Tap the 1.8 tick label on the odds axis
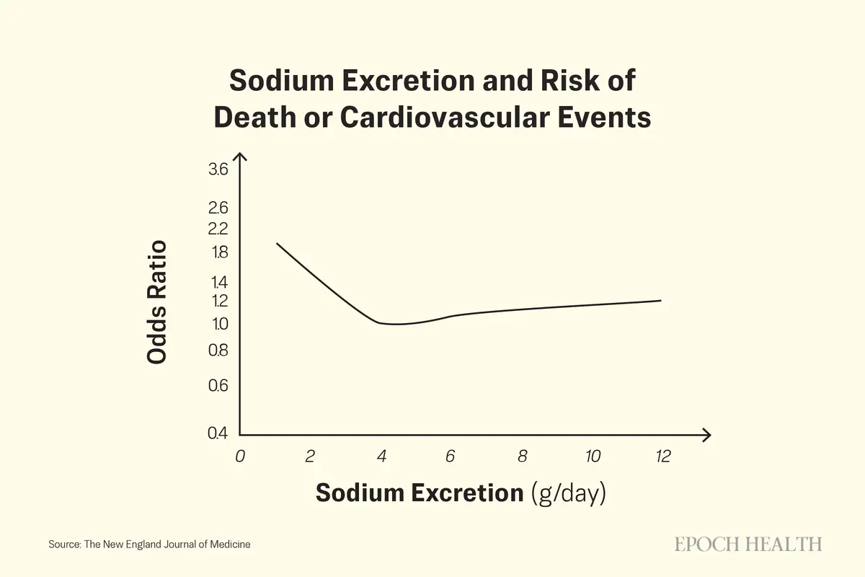click(x=220, y=252)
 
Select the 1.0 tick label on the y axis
click(x=219, y=324)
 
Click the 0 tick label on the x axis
click(x=240, y=456)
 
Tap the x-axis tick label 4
click(x=381, y=456)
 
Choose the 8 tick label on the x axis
click(x=522, y=456)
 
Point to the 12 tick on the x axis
click(x=662, y=456)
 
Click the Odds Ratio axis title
click(x=156, y=302)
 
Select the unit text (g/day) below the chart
click(x=568, y=493)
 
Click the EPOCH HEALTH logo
click(x=748, y=544)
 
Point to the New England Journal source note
click(x=150, y=545)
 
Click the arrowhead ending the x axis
click(x=709, y=435)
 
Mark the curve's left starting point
click(x=278, y=244)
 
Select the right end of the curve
click(x=660, y=301)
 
